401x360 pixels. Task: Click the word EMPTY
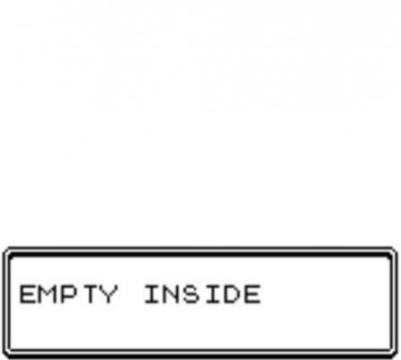tap(68, 294)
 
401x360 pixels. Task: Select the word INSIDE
tap(202, 294)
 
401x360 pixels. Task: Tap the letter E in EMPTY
tap(28, 294)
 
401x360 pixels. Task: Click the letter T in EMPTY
tap(89, 294)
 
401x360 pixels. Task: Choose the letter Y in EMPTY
tap(109, 294)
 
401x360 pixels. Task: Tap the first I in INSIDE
tap(151, 294)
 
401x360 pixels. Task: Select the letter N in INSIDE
tap(170, 294)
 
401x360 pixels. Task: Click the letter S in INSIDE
tap(191, 294)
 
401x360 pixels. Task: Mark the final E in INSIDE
tap(252, 294)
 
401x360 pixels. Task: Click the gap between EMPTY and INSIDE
tap(131, 294)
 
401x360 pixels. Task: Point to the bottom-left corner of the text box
tap(4, 357)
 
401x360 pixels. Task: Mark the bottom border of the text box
tap(200, 354)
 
